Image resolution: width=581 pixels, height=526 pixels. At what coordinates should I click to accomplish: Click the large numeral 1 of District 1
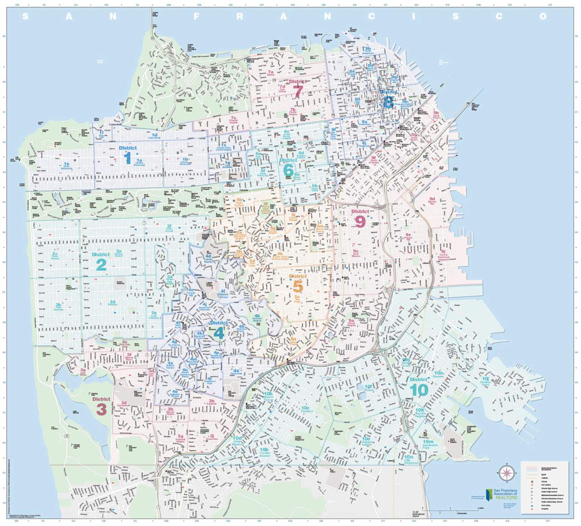coord(128,158)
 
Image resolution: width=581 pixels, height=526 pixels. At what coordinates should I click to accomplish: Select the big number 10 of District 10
coord(419,390)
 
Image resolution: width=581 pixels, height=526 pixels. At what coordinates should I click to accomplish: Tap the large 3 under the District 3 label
coord(101,409)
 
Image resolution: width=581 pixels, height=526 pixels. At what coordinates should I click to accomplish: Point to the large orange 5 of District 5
coord(297,287)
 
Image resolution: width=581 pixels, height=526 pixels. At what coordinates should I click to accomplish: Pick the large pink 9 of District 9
coord(359,222)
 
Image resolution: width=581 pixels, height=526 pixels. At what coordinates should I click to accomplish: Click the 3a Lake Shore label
coord(83,372)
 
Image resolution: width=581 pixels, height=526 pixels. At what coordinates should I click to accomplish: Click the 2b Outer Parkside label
coord(59,307)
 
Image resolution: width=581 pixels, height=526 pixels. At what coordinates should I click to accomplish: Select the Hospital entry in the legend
coord(544,508)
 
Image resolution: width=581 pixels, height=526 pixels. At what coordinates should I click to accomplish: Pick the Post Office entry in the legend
coord(545,505)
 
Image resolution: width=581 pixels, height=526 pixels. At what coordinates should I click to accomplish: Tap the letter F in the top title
coord(197,16)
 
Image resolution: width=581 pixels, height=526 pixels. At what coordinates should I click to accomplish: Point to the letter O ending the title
coord(543,16)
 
